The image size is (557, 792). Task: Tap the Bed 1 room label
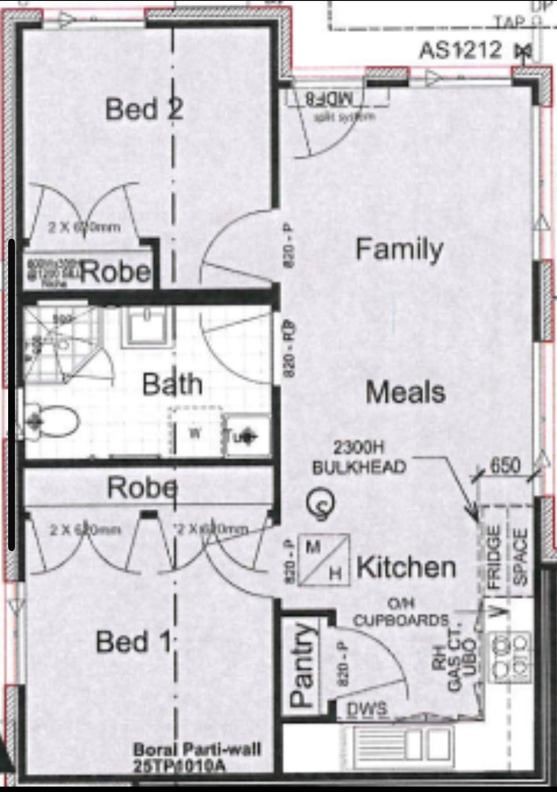pyautogui.click(x=134, y=642)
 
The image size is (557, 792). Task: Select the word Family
pyautogui.click(x=399, y=249)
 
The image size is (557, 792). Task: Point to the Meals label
pyautogui.click(x=405, y=392)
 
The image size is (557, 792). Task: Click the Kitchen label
pyautogui.click(x=406, y=567)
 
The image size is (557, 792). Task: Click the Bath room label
pyautogui.click(x=172, y=384)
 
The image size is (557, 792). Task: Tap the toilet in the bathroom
pyautogui.click(x=52, y=422)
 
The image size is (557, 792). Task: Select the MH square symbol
pyautogui.click(x=323, y=560)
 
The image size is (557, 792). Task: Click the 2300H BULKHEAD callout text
pyautogui.click(x=359, y=458)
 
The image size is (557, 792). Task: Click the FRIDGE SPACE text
pyautogui.click(x=507, y=557)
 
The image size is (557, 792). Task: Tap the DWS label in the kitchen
pyautogui.click(x=367, y=709)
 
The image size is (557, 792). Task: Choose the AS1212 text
pyautogui.click(x=460, y=50)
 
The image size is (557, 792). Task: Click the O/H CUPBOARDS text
pyautogui.click(x=401, y=613)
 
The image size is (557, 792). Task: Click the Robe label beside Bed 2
pyautogui.click(x=115, y=272)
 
